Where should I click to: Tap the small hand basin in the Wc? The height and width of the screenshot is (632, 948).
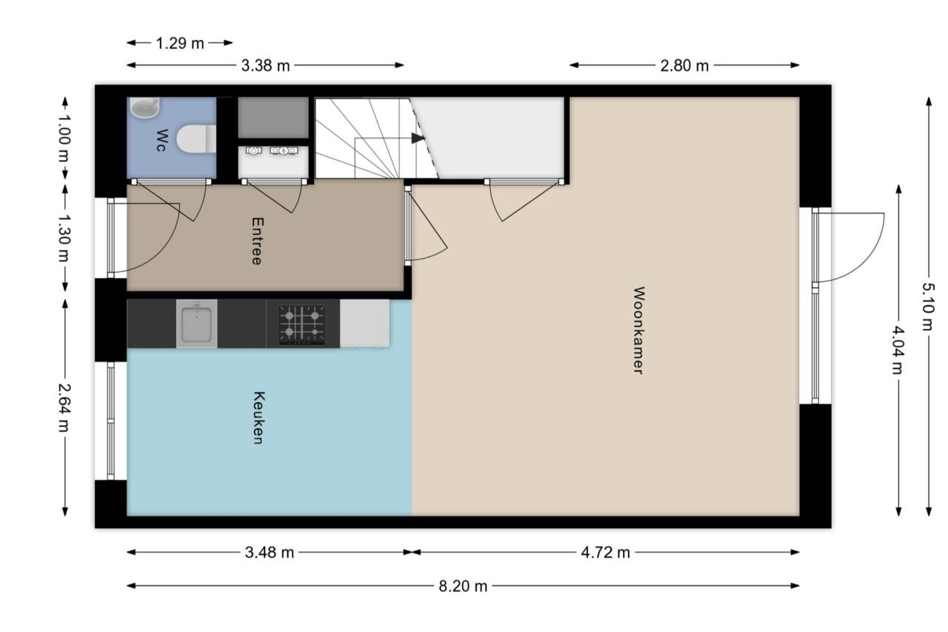point(144,107)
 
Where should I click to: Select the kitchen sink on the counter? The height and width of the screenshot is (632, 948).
point(196,324)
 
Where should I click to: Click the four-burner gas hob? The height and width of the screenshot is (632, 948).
point(302,325)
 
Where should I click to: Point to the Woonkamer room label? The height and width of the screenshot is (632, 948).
point(638,330)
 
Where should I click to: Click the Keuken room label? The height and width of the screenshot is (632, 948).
point(258,418)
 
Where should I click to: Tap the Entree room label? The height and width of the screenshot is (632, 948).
point(257,242)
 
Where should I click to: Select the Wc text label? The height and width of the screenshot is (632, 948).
point(161,140)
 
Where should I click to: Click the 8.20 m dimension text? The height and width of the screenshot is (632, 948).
point(463,586)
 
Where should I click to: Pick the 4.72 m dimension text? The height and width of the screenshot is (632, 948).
point(606,553)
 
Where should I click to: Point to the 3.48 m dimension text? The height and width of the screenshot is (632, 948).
point(270,553)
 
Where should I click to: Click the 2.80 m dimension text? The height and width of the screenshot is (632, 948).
point(684,66)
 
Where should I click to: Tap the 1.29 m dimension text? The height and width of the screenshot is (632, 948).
point(180,43)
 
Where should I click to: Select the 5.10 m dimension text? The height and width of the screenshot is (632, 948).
point(928,307)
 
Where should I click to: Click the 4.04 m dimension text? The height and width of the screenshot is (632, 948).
point(897,350)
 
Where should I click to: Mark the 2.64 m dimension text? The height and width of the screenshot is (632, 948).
point(64,408)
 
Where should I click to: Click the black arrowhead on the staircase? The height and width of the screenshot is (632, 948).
point(418,138)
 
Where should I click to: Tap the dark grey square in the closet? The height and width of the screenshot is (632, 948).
point(273,117)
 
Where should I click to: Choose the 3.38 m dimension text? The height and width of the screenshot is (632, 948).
point(266,66)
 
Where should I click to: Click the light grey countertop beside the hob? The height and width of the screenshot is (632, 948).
point(364,323)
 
